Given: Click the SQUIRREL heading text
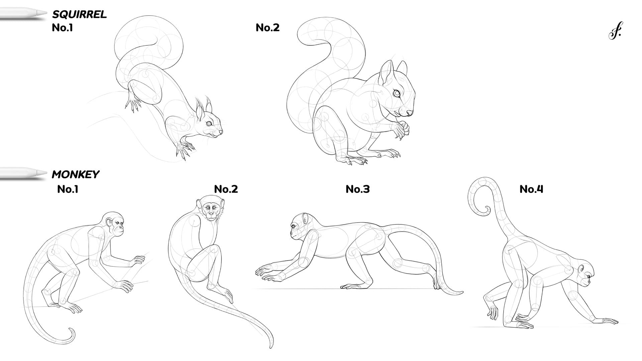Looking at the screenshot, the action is (79, 14).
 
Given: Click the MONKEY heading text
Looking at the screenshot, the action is (76, 174).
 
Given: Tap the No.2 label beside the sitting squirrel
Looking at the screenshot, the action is (267, 27).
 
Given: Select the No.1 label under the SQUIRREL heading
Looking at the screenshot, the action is (63, 27).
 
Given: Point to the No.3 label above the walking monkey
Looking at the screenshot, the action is (357, 189).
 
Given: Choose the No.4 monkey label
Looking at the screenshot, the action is (531, 189).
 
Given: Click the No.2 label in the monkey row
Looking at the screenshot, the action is (226, 189).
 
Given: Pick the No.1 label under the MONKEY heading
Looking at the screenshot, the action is (68, 189).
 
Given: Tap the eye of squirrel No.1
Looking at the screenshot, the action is (209, 124).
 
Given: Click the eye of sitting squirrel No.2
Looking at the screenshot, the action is (397, 94).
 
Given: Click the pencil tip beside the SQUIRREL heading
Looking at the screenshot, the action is (43, 13).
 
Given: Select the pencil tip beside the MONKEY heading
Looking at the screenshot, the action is (43, 173).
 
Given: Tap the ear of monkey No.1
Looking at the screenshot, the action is (109, 223).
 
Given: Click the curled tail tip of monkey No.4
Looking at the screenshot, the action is (486, 211).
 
